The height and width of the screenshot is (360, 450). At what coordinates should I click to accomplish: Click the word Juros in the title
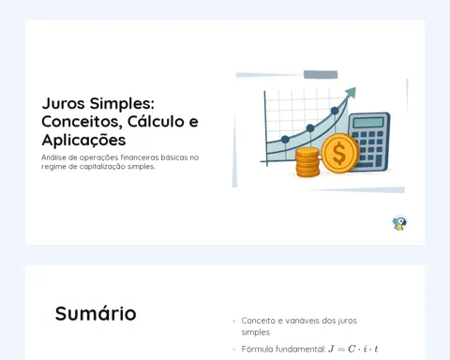[63, 103]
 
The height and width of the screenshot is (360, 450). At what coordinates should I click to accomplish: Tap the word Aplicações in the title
[83, 140]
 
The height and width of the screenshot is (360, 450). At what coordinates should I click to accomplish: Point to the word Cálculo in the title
[156, 121]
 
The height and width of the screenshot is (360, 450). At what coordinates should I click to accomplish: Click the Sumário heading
[96, 313]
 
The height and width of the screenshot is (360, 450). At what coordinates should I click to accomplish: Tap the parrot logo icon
[399, 223]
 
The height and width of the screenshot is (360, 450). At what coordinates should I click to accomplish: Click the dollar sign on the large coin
[339, 154]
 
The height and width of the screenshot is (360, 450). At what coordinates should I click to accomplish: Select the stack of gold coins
[307, 162]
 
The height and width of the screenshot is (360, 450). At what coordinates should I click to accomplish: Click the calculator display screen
[368, 122]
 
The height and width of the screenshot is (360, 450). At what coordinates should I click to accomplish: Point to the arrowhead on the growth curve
[351, 93]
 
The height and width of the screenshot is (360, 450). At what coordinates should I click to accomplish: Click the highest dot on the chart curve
[335, 111]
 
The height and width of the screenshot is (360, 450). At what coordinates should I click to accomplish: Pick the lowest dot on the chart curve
[285, 140]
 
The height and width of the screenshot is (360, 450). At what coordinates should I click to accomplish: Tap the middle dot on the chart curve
[310, 127]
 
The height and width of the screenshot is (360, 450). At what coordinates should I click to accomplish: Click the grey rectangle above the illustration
[321, 74]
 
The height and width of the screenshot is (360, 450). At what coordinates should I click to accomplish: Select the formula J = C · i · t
[353, 349]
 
